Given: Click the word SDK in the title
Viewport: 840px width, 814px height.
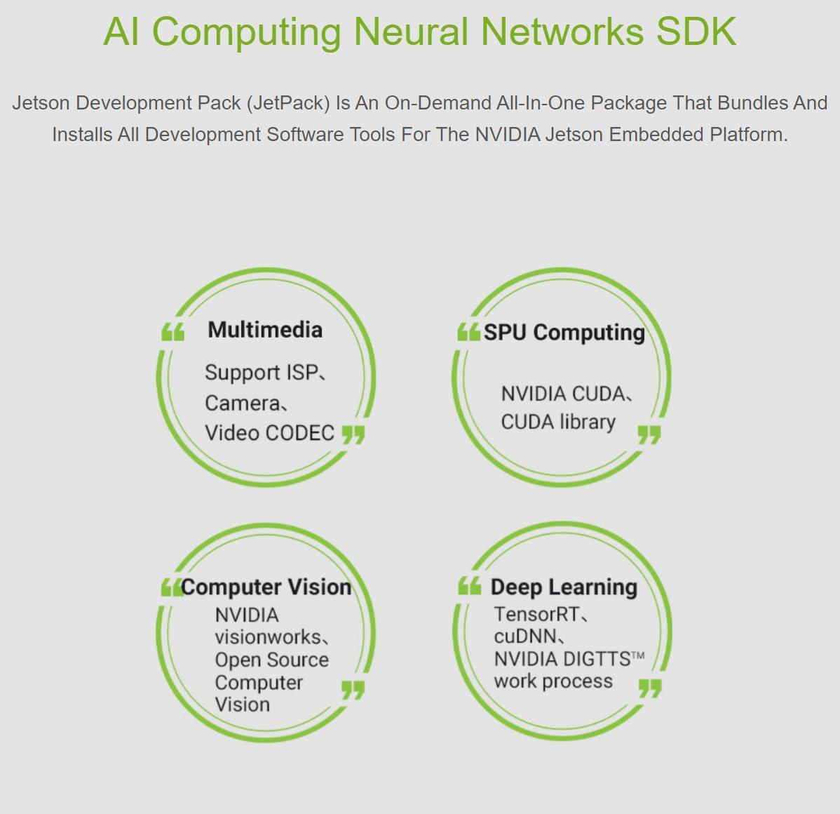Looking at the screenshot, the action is click(x=696, y=32).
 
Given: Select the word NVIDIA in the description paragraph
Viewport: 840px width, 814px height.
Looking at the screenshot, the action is click(x=508, y=134).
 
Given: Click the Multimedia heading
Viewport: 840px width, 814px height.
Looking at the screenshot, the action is click(x=265, y=330).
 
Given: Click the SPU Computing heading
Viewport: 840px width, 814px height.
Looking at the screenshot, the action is click(x=564, y=333).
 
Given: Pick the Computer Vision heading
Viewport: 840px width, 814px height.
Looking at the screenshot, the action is click(x=266, y=587).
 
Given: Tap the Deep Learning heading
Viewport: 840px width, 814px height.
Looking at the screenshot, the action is click(x=564, y=587).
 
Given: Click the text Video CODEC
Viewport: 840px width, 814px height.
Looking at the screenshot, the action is click(x=269, y=433).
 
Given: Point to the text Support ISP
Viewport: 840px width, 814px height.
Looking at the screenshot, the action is click(x=262, y=372).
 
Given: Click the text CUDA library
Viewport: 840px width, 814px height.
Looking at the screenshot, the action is click(x=558, y=422).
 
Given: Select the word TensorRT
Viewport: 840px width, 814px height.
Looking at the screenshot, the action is click(x=537, y=614).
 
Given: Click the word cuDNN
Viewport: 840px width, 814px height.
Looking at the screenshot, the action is click(x=526, y=636).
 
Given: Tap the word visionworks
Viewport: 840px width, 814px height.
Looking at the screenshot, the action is click(x=268, y=637).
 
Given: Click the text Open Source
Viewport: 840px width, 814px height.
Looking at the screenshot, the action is click(x=271, y=660).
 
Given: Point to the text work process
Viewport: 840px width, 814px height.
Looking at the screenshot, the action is click(x=553, y=681).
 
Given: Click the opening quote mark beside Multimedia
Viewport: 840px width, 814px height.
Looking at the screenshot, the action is click(x=172, y=332).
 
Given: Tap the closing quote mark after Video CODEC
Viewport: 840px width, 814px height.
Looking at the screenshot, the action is click(x=353, y=434).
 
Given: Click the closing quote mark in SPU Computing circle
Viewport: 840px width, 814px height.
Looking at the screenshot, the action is click(x=649, y=434).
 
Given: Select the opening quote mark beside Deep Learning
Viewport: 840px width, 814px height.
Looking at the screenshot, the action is click(x=469, y=586).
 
